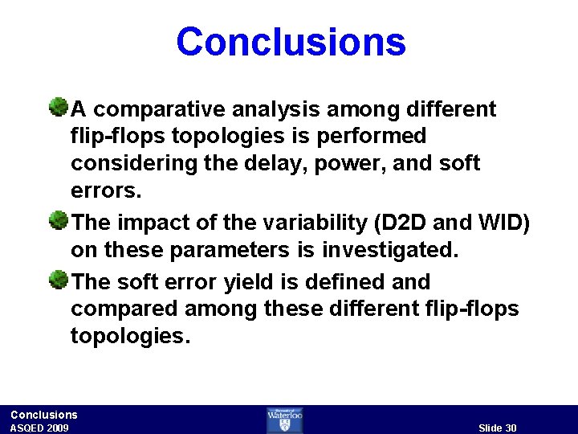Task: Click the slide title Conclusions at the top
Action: click(x=291, y=41)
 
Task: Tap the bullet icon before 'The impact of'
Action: click(x=58, y=219)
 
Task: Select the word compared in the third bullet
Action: click(x=120, y=309)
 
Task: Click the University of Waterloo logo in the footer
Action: click(x=285, y=420)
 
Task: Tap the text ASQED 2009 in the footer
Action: click(x=39, y=428)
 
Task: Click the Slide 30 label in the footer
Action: click(x=497, y=428)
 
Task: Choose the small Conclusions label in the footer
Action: click(x=44, y=415)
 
